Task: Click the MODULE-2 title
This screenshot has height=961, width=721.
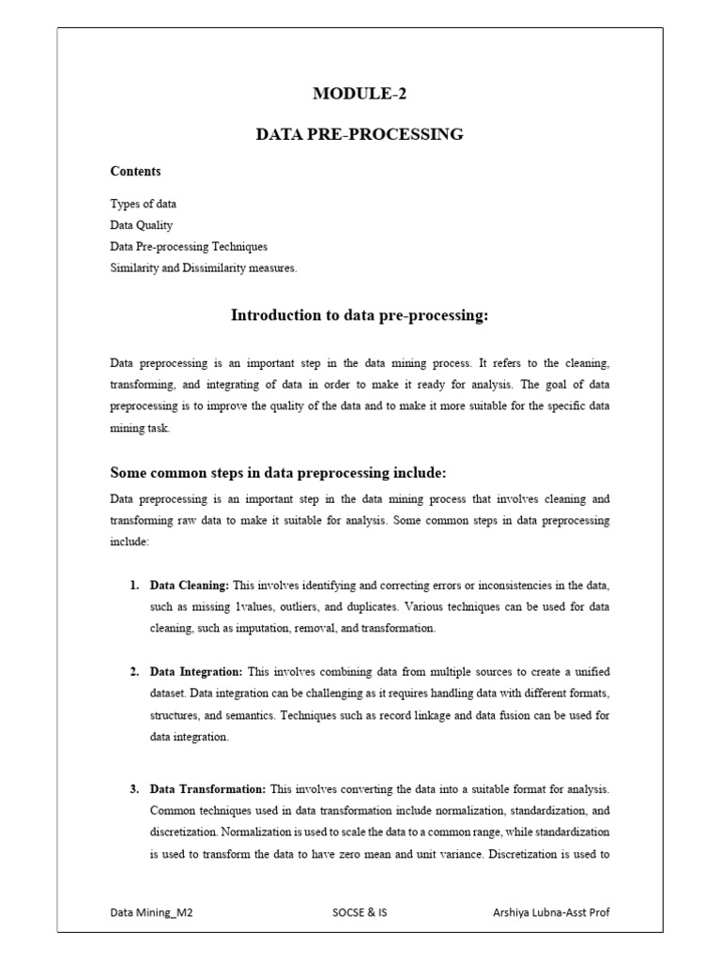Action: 360,93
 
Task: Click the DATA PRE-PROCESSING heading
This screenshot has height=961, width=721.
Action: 360,134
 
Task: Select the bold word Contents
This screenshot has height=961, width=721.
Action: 135,171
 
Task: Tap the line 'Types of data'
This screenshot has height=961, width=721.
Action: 143,204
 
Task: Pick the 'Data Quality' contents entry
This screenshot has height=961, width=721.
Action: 141,225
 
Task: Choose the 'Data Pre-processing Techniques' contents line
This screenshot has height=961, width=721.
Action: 189,247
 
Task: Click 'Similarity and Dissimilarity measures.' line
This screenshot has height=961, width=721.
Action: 204,268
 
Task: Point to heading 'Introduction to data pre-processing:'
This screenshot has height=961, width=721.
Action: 360,315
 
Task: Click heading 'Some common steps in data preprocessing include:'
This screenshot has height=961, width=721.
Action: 271,472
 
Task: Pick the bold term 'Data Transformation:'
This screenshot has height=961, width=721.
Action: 207,788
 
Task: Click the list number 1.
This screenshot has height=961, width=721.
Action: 134,585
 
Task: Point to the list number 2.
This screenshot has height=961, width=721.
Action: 134,672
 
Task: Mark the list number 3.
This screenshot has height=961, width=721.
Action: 134,788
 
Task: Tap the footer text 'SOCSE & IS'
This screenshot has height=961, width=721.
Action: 360,912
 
